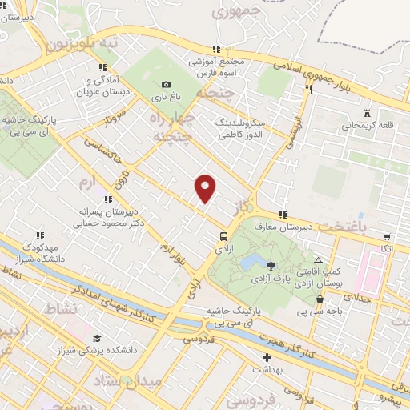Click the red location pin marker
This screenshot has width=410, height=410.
206,188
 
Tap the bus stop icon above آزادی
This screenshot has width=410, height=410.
223,236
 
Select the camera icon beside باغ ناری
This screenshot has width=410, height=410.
166,85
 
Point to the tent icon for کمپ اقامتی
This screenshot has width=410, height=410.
319,261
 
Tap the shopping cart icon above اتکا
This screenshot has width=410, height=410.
387,237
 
